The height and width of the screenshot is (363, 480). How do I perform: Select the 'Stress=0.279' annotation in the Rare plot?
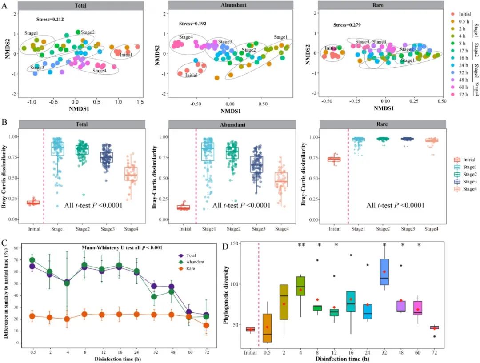point(347,25)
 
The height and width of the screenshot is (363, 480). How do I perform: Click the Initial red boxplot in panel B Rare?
point(334,159)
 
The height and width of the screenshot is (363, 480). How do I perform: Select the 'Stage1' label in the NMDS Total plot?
point(31,33)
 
